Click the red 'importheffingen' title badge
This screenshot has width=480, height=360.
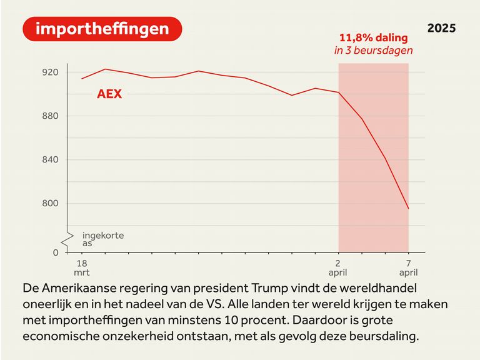pos(102,29)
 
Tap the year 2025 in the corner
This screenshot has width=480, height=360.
pos(441,28)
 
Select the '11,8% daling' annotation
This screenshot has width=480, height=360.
pos(373,37)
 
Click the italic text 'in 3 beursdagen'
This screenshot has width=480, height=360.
pos(373,51)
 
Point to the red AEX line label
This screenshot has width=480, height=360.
pos(109,95)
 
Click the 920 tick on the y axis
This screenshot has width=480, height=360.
pos(50,72)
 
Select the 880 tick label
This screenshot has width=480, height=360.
pos(50,116)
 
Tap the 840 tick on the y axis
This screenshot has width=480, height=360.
pos(50,160)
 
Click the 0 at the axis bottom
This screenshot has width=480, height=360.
pos(55,252)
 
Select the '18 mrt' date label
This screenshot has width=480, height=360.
pos(82,267)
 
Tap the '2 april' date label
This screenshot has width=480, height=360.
pos(339,267)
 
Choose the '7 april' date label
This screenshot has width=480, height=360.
pos(408,267)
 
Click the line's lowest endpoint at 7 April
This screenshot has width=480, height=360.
pos(408,209)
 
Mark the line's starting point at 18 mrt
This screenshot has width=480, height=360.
pos(82,79)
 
